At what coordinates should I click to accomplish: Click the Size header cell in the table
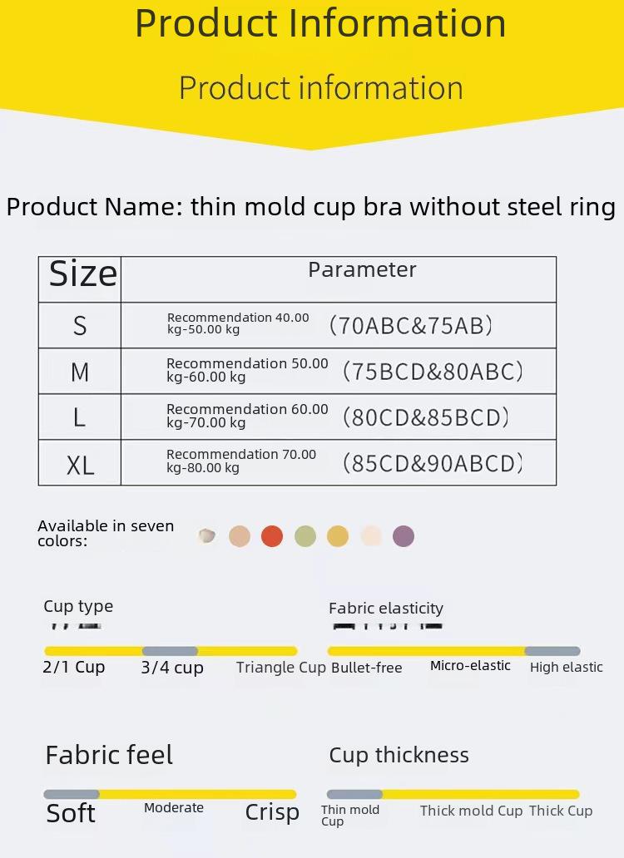coord(80,279)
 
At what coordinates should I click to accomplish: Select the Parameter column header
coord(362,269)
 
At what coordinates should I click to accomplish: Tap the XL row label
coord(80,466)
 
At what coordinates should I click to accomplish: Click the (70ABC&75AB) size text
coord(410,326)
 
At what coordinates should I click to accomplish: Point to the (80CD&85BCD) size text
coord(426,417)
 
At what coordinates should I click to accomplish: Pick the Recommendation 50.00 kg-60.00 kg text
coord(247,370)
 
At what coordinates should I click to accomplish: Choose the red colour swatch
coord(272,536)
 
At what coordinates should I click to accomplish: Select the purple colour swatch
coord(404,536)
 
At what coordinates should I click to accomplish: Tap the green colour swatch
coord(305,536)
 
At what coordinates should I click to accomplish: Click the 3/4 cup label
coord(172,668)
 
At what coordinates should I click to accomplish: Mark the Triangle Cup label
coord(281,668)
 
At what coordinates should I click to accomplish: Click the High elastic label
coord(566,667)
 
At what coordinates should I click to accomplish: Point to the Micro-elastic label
coord(470,665)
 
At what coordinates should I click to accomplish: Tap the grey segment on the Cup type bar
coord(170,651)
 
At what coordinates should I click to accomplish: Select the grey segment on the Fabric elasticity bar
coord(552,651)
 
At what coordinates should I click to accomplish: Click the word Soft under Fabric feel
coord(71,813)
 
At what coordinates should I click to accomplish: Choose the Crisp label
coord(272,812)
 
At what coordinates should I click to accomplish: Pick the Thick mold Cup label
coord(471,811)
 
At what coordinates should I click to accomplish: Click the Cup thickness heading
coord(399,755)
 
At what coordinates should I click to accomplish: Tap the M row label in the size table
coord(80,372)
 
